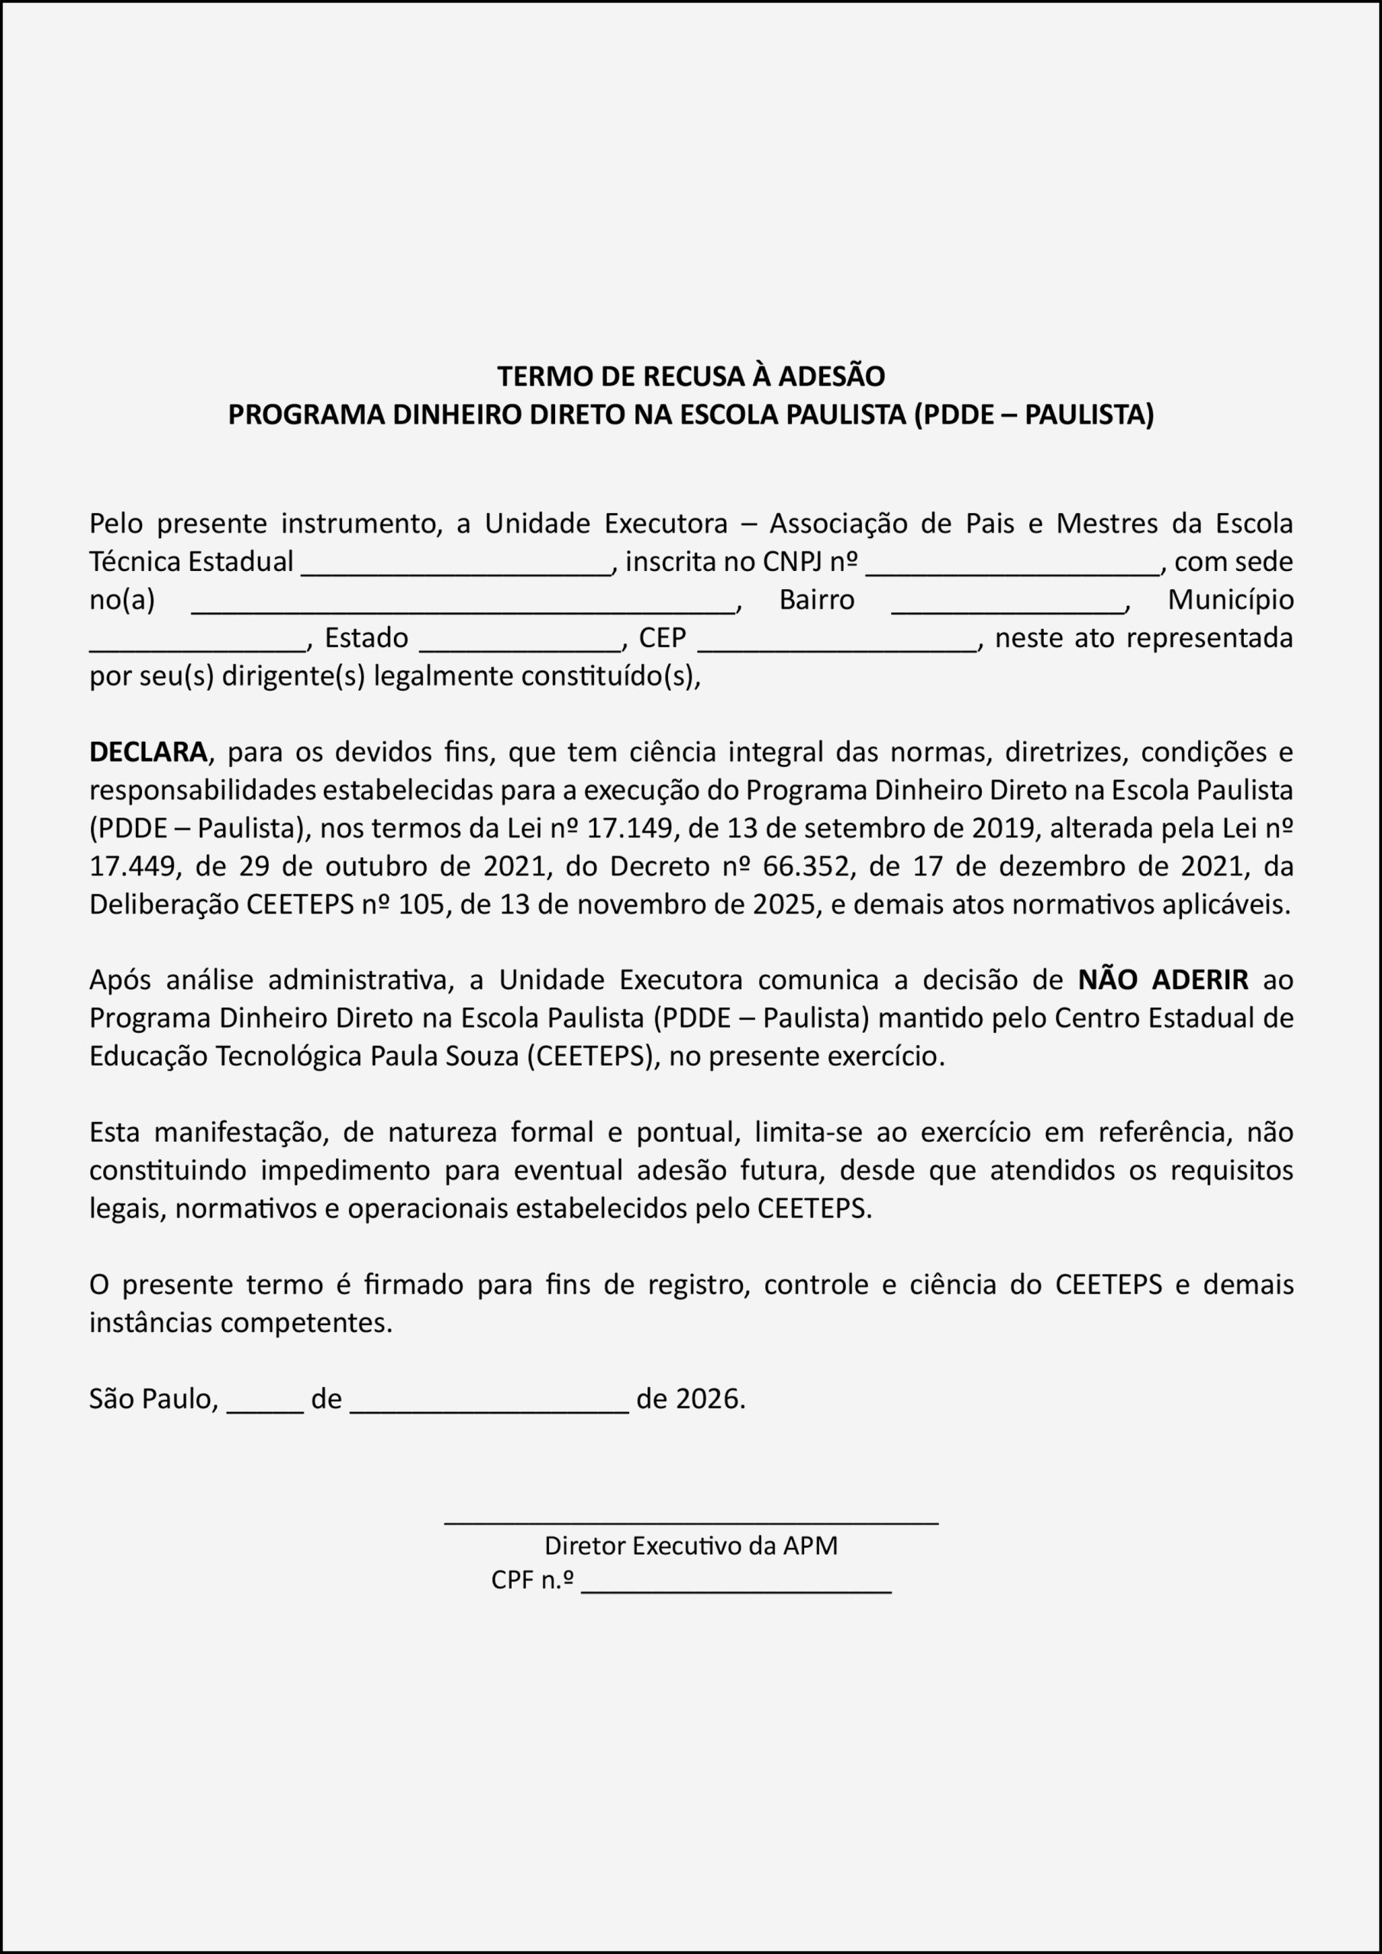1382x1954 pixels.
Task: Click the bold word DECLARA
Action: point(148,753)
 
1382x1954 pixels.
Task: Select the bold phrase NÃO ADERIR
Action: point(1162,980)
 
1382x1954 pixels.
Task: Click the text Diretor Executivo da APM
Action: point(690,1546)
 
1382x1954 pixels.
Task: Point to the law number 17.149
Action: point(623,828)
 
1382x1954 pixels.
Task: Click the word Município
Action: point(1229,600)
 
